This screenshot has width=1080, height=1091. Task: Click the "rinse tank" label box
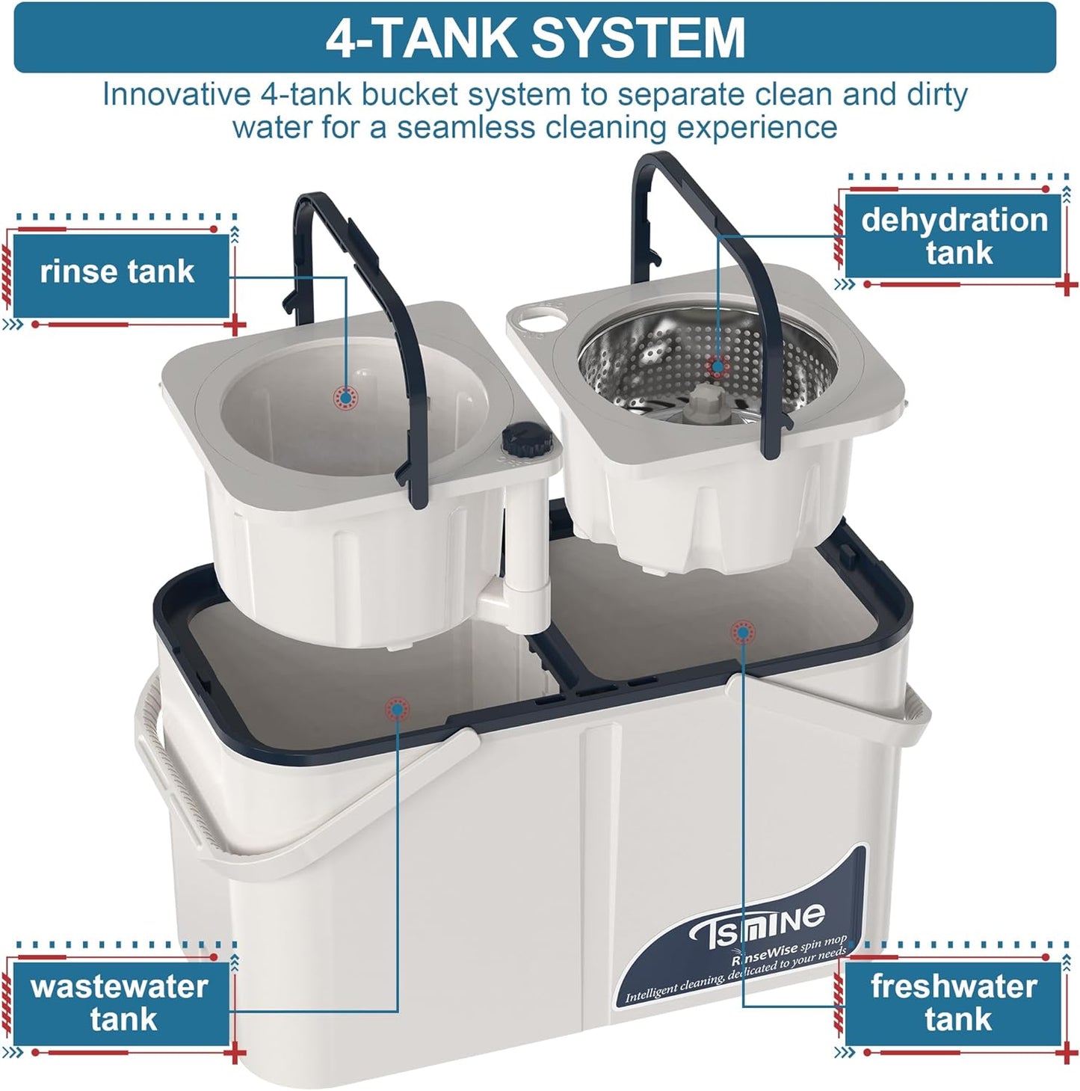pyautogui.click(x=120, y=273)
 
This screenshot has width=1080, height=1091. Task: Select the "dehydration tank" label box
pyautogui.click(x=954, y=236)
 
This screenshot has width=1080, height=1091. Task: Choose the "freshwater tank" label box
pyautogui.click(x=954, y=1003)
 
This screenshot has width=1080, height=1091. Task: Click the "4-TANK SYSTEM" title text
pyautogui.click(x=535, y=37)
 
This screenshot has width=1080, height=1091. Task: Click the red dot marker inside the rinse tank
pyautogui.click(x=345, y=398)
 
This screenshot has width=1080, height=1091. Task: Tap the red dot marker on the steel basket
pyautogui.click(x=718, y=366)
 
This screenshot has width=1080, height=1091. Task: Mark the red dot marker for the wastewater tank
pyautogui.click(x=397, y=708)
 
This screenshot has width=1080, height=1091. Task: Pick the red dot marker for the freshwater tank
pyautogui.click(x=742, y=633)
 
